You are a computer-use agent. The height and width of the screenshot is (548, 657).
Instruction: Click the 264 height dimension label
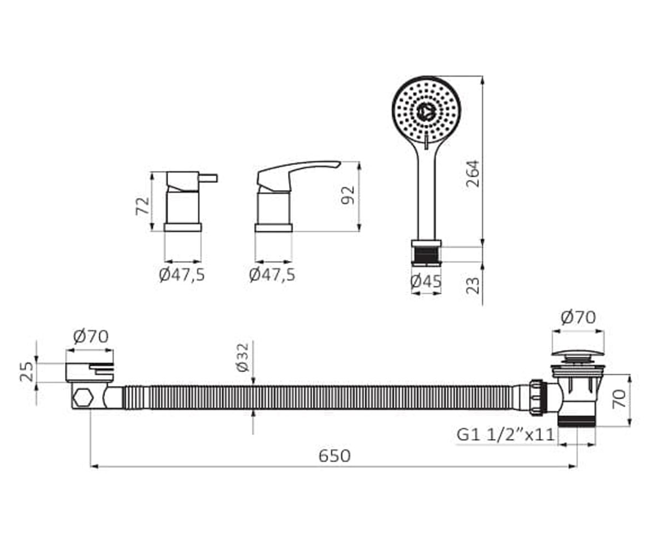pos(472,174)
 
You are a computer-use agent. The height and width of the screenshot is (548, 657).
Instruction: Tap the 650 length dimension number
pos(334,456)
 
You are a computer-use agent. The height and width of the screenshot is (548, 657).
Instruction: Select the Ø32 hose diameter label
pos(243,357)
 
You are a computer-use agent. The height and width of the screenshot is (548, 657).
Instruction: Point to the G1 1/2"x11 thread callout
pos(505,435)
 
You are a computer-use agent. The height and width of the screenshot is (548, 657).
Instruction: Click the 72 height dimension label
pos(142,206)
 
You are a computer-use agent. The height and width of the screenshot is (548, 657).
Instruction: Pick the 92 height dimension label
pos(348,195)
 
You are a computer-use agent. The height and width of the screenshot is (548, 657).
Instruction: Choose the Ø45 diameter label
pos(426,282)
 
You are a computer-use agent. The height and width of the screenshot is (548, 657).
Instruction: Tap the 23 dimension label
pos(472,286)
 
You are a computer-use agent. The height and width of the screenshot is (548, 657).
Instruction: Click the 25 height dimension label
pos(27,372)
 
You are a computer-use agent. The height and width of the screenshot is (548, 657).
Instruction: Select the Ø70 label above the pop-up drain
pos(578,317)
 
